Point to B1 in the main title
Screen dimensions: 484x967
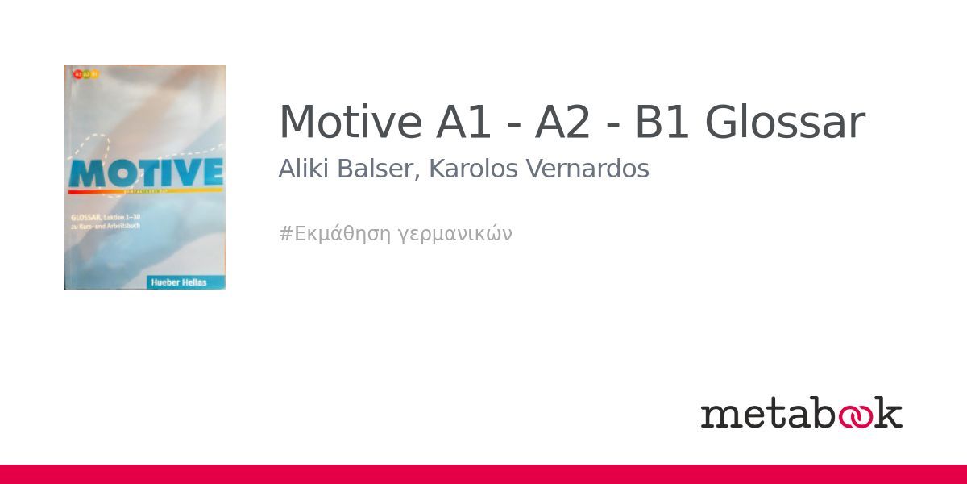tap(662, 123)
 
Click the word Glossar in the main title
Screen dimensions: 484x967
tap(785, 123)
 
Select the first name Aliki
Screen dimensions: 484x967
tap(300, 169)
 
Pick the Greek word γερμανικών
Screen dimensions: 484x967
tap(455, 235)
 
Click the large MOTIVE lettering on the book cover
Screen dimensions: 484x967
tap(145, 173)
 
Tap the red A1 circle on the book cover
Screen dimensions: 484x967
tap(77, 73)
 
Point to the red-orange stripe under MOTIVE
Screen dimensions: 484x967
tap(145, 192)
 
